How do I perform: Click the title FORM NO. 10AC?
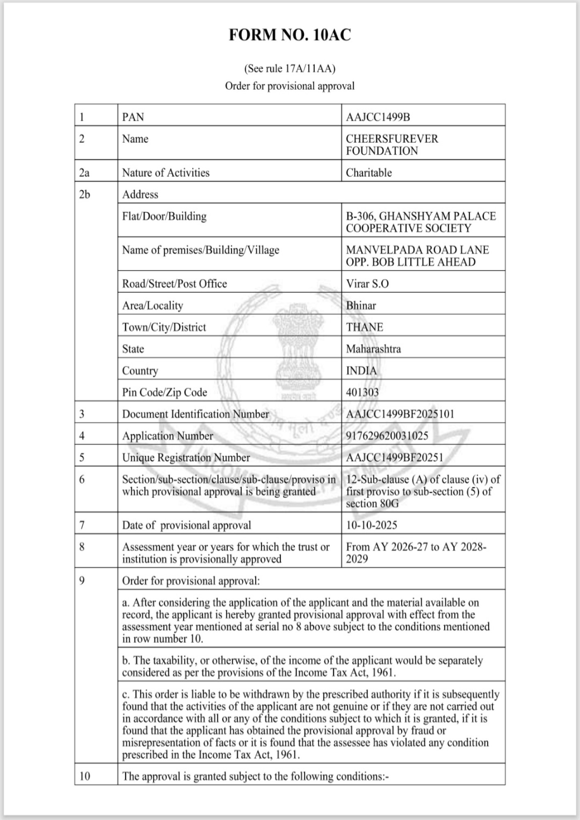(290, 35)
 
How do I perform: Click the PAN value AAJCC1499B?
(378, 117)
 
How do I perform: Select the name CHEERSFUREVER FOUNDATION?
(391, 145)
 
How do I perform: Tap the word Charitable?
(369, 173)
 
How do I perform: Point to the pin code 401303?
(362, 392)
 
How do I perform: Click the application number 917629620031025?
(387, 436)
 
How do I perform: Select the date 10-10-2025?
(371, 525)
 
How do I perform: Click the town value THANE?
(364, 327)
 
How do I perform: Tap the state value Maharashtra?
(373, 349)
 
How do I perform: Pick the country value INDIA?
(361, 371)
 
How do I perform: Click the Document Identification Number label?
(195, 414)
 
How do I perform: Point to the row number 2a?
(84, 173)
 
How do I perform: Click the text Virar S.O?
(367, 284)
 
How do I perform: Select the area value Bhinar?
(361, 305)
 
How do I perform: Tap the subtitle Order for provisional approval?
(290, 86)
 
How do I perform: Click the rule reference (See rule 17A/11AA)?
(290, 68)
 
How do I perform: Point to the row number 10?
(84, 776)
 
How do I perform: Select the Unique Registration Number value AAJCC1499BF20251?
(394, 458)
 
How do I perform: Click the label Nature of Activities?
(166, 173)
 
